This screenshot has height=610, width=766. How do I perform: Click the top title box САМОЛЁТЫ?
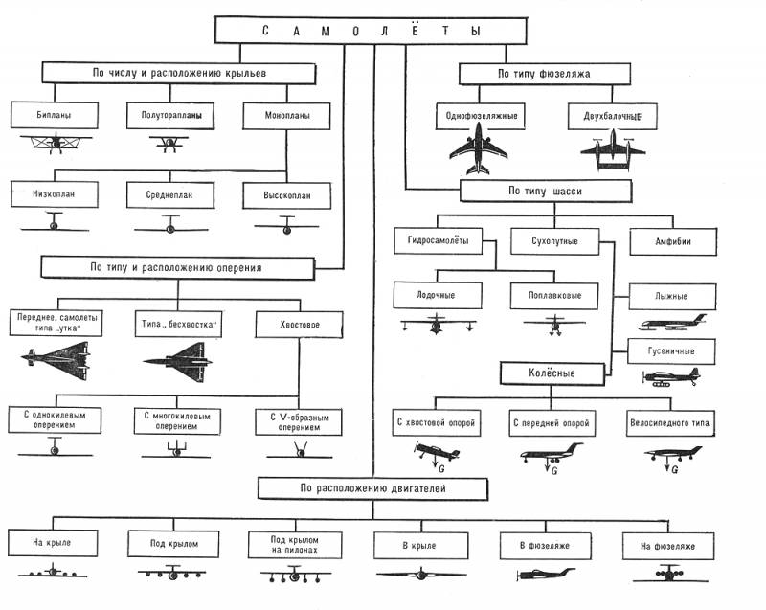point(371,31)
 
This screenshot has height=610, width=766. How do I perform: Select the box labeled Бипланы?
point(55,115)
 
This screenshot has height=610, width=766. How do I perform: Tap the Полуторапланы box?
point(170,116)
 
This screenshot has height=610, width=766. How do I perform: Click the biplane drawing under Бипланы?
point(56,143)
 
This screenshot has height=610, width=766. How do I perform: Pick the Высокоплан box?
point(286,196)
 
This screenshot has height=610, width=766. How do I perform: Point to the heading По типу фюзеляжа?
point(545,74)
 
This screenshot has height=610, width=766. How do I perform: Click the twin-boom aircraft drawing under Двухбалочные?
point(613,150)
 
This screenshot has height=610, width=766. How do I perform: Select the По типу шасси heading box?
point(546,191)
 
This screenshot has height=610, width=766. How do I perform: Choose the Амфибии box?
point(673,241)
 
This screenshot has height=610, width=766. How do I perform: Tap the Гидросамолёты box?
point(439,240)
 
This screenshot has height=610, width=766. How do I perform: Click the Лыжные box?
point(672,297)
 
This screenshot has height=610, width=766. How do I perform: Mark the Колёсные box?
point(552,373)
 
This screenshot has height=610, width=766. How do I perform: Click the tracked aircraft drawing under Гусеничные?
point(672,377)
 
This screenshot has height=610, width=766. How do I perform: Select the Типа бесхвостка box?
point(178,324)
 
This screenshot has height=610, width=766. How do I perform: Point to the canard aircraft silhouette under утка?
point(56,361)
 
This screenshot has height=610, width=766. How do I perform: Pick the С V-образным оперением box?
point(299,422)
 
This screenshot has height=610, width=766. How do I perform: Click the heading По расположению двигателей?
point(372,488)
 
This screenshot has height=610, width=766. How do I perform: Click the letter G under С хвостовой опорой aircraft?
point(441,469)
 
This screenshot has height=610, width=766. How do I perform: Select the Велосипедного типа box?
point(669,423)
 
